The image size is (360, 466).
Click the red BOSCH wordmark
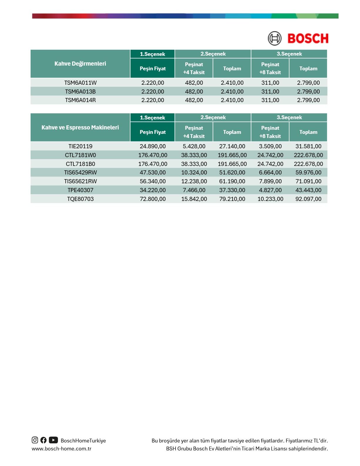(308, 39)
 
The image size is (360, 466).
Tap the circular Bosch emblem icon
(274, 38)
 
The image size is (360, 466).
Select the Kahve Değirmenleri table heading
(80, 64)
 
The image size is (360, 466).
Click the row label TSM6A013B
(80, 91)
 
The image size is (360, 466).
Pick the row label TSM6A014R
(80, 100)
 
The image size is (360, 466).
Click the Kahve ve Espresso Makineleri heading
(80, 127)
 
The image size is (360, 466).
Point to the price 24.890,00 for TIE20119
(153, 146)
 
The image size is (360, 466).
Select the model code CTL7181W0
(80, 155)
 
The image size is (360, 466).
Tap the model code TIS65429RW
(80, 172)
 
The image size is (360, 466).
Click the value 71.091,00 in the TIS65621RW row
(308, 181)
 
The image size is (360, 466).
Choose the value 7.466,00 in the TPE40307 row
(194, 190)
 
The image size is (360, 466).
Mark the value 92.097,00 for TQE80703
(308, 199)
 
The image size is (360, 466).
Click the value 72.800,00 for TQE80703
(153, 199)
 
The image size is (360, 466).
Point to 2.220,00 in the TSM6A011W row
(153, 83)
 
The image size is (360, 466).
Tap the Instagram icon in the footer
(35, 440)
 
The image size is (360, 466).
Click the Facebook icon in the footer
(44, 440)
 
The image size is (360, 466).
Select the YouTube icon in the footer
(53, 440)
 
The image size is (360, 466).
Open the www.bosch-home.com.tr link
(61, 449)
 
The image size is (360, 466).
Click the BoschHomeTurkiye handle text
(83, 441)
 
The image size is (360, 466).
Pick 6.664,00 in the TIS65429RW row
(270, 172)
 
